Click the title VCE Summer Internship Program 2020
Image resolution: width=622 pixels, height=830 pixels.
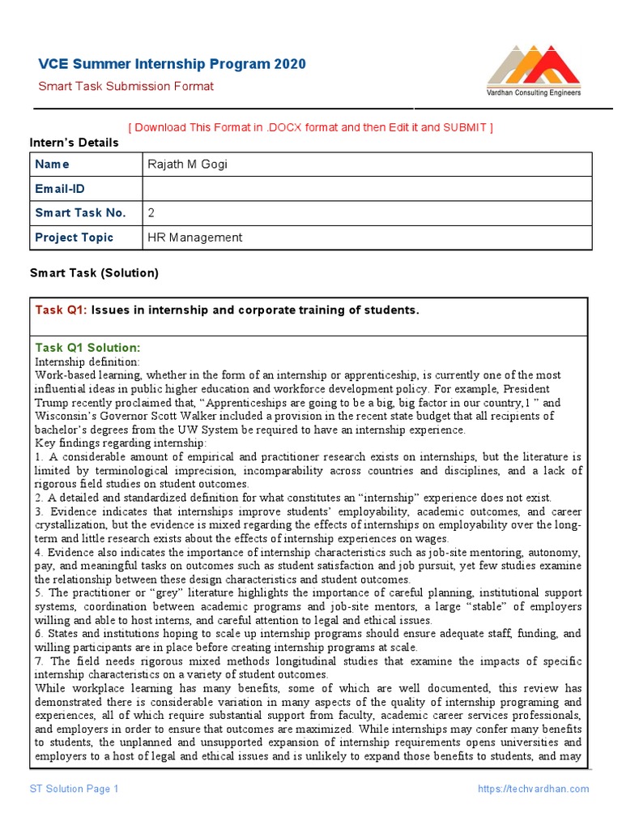173,64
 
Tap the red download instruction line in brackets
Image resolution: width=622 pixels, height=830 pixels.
310,127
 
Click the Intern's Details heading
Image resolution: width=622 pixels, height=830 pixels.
74,143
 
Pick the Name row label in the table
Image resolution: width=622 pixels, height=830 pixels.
53,165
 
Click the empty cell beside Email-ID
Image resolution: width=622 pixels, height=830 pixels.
366,189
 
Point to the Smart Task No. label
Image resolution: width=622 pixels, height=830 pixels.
80,213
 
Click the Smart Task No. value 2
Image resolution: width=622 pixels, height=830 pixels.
151,213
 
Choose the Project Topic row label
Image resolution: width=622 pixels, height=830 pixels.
75,237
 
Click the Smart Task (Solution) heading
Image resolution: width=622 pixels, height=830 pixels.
94,273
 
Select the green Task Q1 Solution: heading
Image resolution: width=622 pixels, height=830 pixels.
87,348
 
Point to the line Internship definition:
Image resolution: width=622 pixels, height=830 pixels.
87,362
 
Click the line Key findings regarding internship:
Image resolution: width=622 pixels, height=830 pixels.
121,443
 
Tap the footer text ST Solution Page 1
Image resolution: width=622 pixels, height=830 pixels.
75,789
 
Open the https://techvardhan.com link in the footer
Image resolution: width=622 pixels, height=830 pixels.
533,789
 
